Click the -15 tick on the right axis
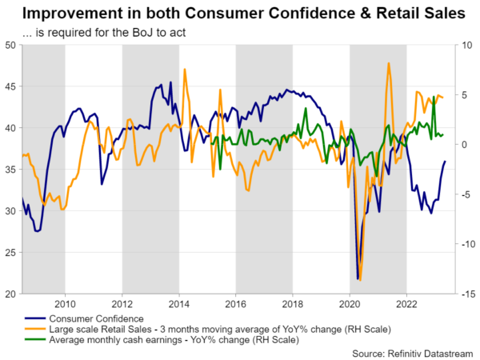pos(466,294)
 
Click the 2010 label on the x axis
pos(65,303)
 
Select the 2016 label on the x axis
pos(236,303)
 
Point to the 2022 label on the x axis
pos(407,303)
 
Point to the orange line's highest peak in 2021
pos(389,63)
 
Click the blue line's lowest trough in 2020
pos(357,278)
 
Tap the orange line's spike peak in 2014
pos(185,69)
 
